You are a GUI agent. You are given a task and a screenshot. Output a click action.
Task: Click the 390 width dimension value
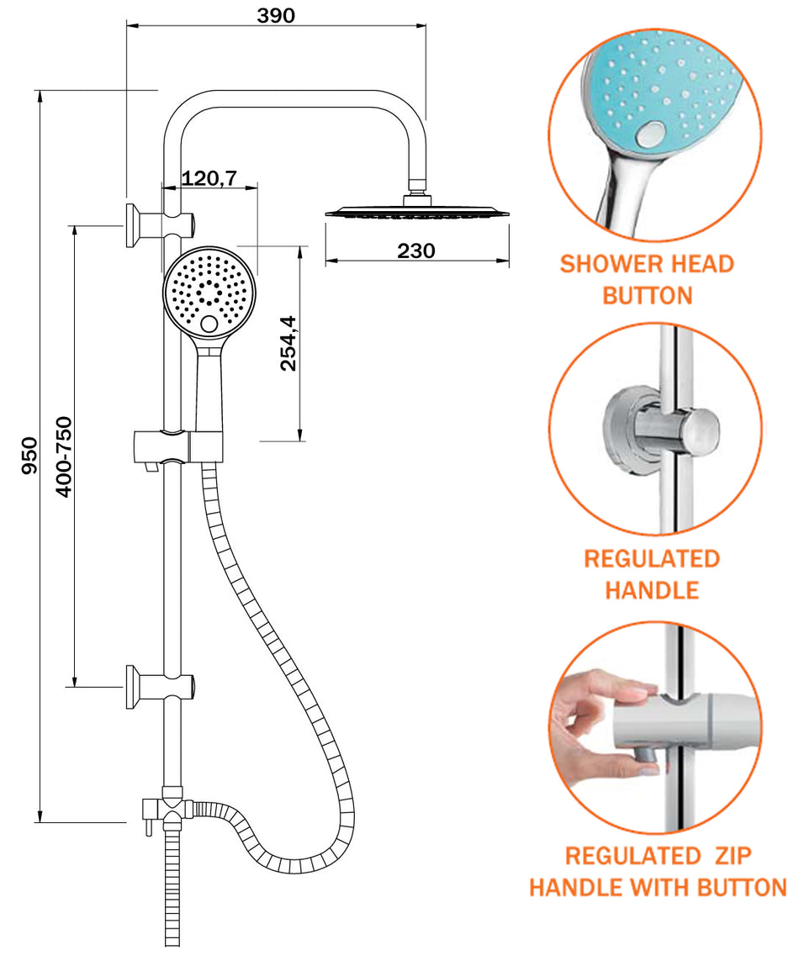(276, 14)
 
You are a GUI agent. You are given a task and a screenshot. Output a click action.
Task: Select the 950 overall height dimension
(30, 455)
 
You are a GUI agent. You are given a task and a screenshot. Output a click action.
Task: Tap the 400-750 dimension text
(64, 455)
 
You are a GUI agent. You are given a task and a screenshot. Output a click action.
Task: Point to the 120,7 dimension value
(210, 177)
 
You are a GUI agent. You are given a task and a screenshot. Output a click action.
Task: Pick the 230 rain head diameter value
(416, 251)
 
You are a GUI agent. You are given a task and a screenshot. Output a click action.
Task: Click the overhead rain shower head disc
(417, 212)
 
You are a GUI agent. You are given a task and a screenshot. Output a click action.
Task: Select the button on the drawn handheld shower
(209, 325)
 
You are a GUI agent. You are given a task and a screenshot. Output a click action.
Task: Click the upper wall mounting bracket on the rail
(160, 224)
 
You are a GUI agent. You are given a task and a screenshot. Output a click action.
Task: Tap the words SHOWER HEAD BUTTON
(647, 279)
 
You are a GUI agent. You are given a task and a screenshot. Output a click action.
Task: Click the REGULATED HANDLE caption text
(652, 573)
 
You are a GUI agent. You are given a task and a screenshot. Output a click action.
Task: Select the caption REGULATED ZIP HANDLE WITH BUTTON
(658, 871)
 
